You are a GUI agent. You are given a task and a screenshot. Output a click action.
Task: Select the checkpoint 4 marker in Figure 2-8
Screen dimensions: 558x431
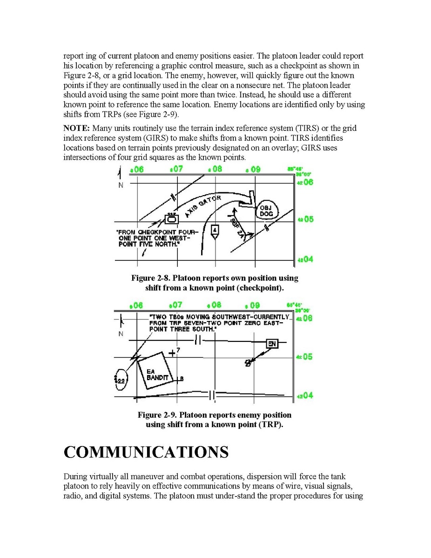point(214,231)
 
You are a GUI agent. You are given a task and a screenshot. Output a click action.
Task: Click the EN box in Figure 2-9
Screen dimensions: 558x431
point(272,344)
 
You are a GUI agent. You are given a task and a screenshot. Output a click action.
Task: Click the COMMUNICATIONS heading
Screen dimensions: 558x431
point(146,452)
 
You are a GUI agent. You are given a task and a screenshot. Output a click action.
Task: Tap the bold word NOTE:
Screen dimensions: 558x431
point(77,128)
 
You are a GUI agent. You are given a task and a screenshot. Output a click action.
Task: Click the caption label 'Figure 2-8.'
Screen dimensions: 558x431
point(150,278)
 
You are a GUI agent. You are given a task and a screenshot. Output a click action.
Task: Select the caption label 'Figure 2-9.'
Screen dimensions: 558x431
point(156,415)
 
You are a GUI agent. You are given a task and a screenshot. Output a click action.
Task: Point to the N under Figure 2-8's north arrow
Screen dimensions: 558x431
point(121,185)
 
